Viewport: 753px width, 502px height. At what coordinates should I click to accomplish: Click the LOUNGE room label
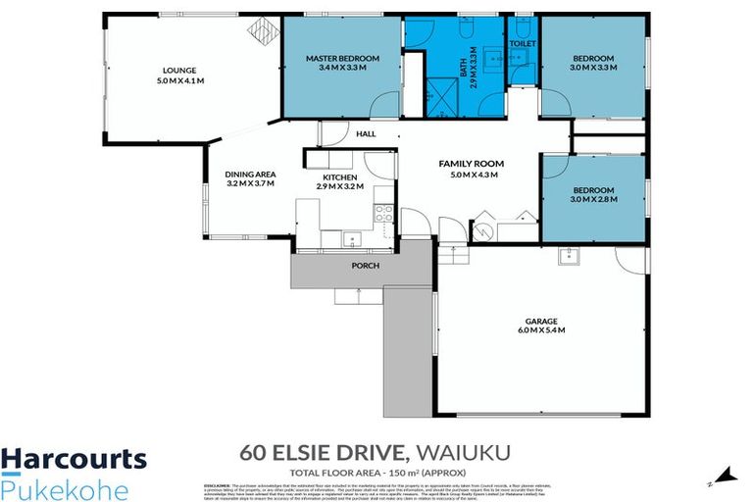[180, 70]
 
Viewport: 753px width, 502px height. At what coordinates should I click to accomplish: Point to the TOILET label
[522, 45]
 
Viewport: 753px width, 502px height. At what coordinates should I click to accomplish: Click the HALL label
[366, 134]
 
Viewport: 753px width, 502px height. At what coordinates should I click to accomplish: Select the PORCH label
[366, 266]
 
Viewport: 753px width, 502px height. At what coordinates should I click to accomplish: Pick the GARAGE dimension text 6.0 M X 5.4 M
[541, 330]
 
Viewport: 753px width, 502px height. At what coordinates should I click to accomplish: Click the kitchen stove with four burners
[383, 213]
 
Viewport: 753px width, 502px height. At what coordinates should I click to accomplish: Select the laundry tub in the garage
[568, 257]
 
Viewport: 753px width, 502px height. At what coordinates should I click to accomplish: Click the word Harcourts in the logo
[74, 459]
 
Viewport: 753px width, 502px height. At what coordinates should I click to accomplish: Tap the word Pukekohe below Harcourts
[65, 487]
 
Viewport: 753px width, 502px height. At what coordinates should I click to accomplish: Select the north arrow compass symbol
[726, 476]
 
